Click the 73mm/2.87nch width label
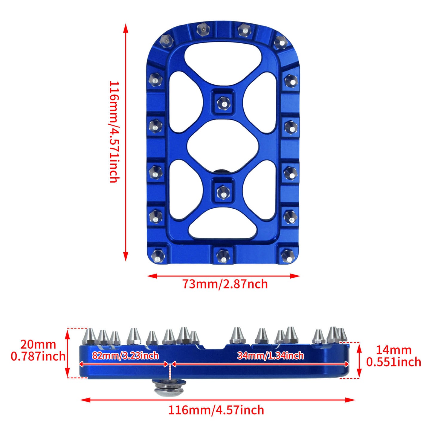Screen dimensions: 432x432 coord(225,284)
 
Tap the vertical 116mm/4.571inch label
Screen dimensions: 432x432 coord(114,132)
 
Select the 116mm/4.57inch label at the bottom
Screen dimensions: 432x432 coord(216,410)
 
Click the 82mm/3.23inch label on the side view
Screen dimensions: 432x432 coord(125,355)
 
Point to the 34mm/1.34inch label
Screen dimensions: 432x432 coord(271,355)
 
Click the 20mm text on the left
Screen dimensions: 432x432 coord(38,344)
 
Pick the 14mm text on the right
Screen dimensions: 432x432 coord(393,350)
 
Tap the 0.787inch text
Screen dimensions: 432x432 coord(38,356)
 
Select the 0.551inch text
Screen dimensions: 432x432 coord(393,362)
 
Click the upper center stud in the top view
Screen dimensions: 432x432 coord(223,103)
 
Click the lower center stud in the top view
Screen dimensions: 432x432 coord(223,191)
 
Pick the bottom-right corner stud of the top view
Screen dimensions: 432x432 coord(288,256)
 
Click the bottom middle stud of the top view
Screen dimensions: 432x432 coord(223,256)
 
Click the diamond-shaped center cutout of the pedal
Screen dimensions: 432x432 coord(223,147)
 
